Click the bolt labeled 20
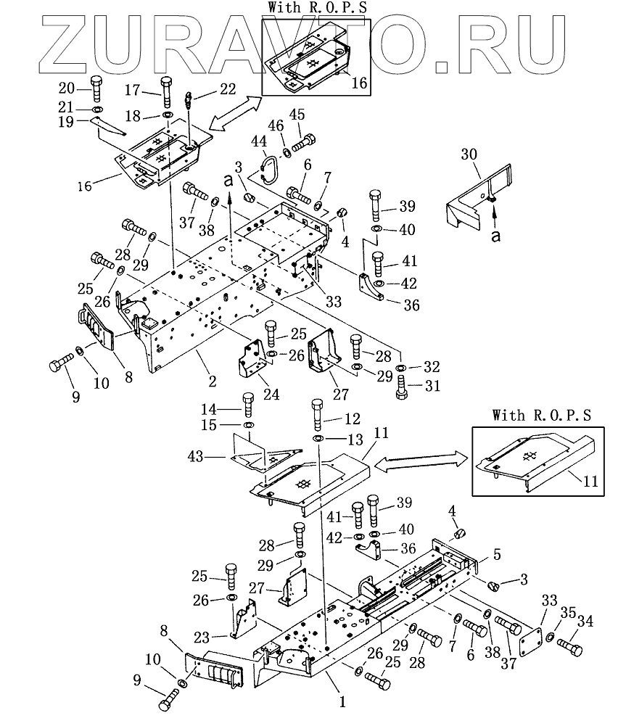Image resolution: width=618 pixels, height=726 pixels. (x=96, y=89)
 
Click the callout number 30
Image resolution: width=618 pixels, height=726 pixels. (x=469, y=154)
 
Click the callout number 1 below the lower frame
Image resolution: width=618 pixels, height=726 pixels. (x=342, y=701)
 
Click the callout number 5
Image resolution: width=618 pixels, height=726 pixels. (x=496, y=555)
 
